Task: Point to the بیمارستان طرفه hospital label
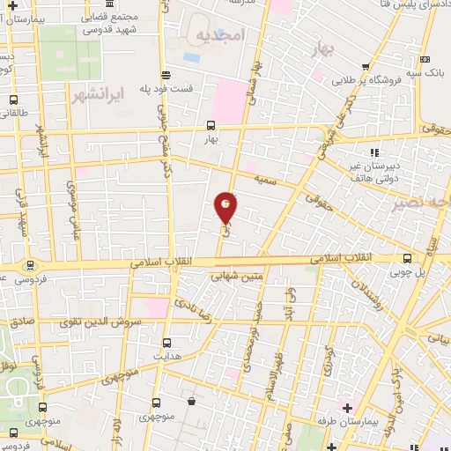pos(374,423)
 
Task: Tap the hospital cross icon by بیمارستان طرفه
pos(346,408)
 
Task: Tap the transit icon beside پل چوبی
pos(407,259)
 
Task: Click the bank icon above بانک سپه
pos(425,56)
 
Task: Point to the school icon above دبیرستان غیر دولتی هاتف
pos(373,152)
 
